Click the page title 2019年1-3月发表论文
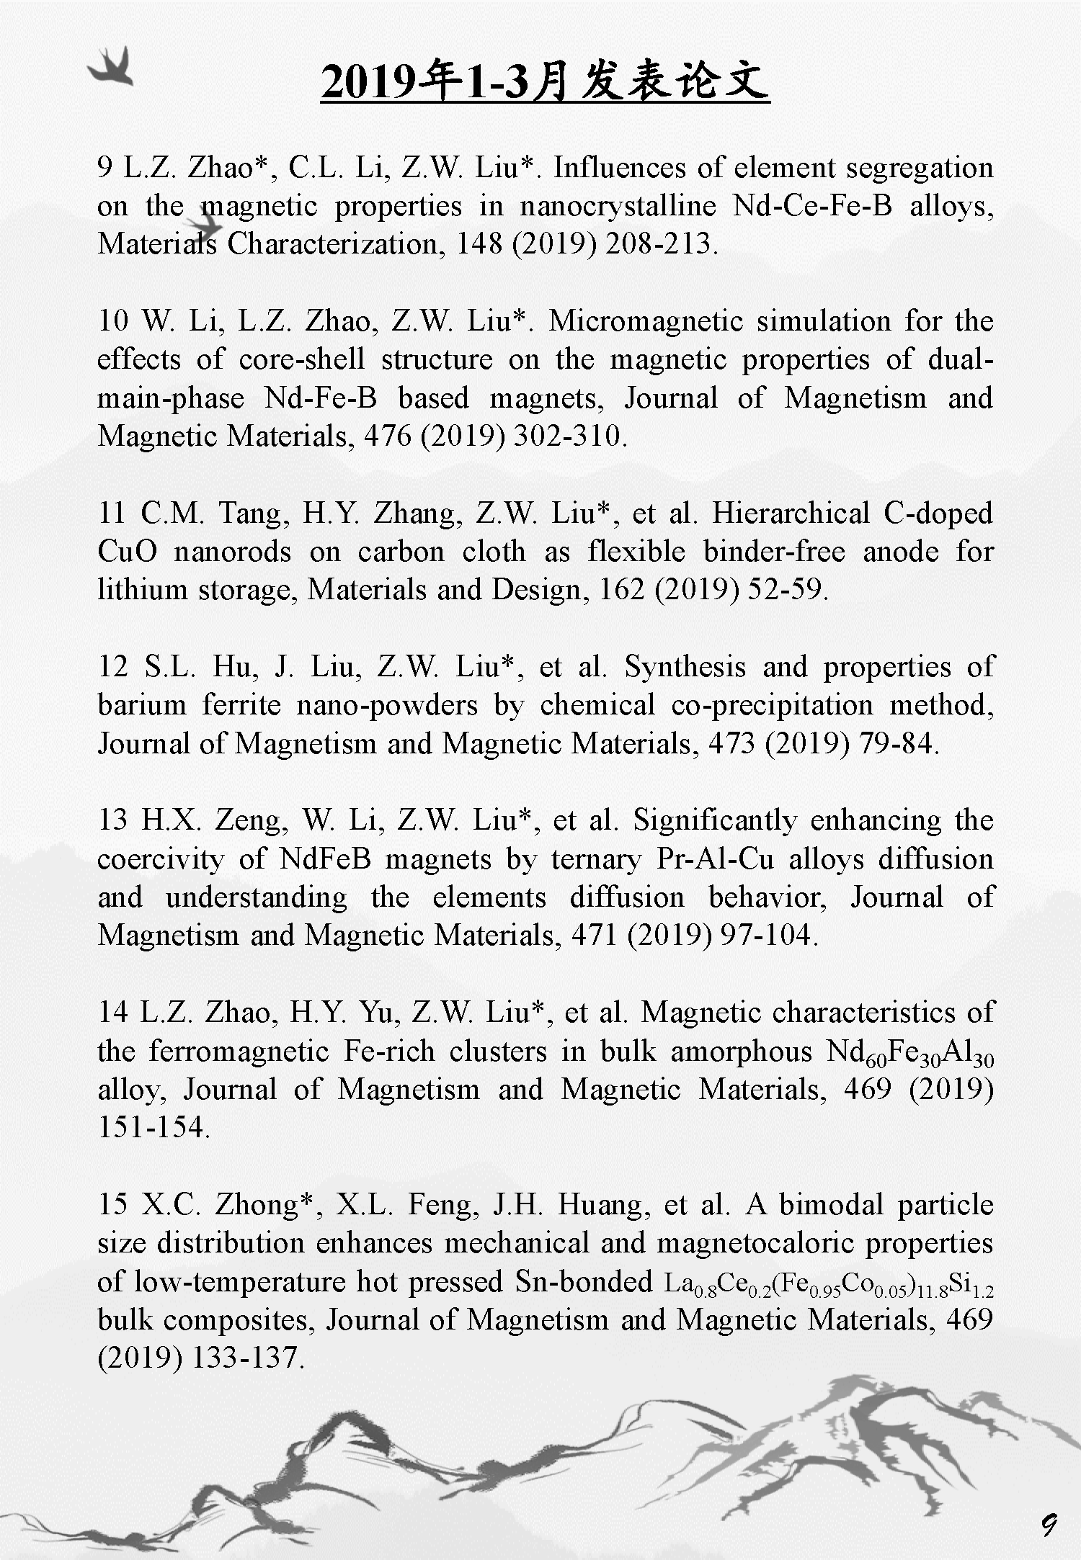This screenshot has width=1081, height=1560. click(545, 81)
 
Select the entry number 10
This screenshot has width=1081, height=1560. click(112, 321)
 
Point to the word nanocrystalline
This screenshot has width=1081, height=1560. click(618, 206)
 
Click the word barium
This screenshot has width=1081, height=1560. click(141, 705)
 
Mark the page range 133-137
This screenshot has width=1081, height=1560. click(244, 1358)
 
